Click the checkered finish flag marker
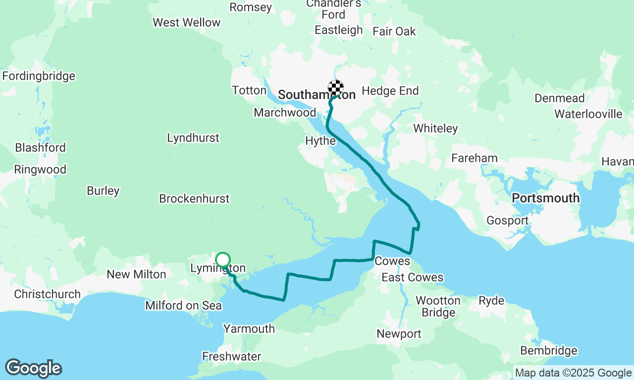(x=336, y=88)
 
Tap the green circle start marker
(x=223, y=259)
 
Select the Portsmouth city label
(x=545, y=198)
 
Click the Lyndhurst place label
(x=193, y=138)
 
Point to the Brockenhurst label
(x=194, y=198)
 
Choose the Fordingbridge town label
(x=39, y=76)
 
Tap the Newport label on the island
(x=399, y=334)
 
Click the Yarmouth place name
(x=249, y=329)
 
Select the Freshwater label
(x=231, y=356)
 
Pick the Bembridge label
(x=548, y=351)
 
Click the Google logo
(x=33, y=369)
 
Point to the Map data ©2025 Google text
(x=573, y=373)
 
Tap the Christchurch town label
(x=47, y=294)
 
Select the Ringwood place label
(x=40, y=170)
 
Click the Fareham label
(x=474, y=158)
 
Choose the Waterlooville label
(x=588, y=114)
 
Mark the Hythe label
(x=320, y=141)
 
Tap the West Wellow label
(x=186, y=23)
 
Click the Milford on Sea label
(x=183, y=306)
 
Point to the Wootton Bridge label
(x=438, y=306)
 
